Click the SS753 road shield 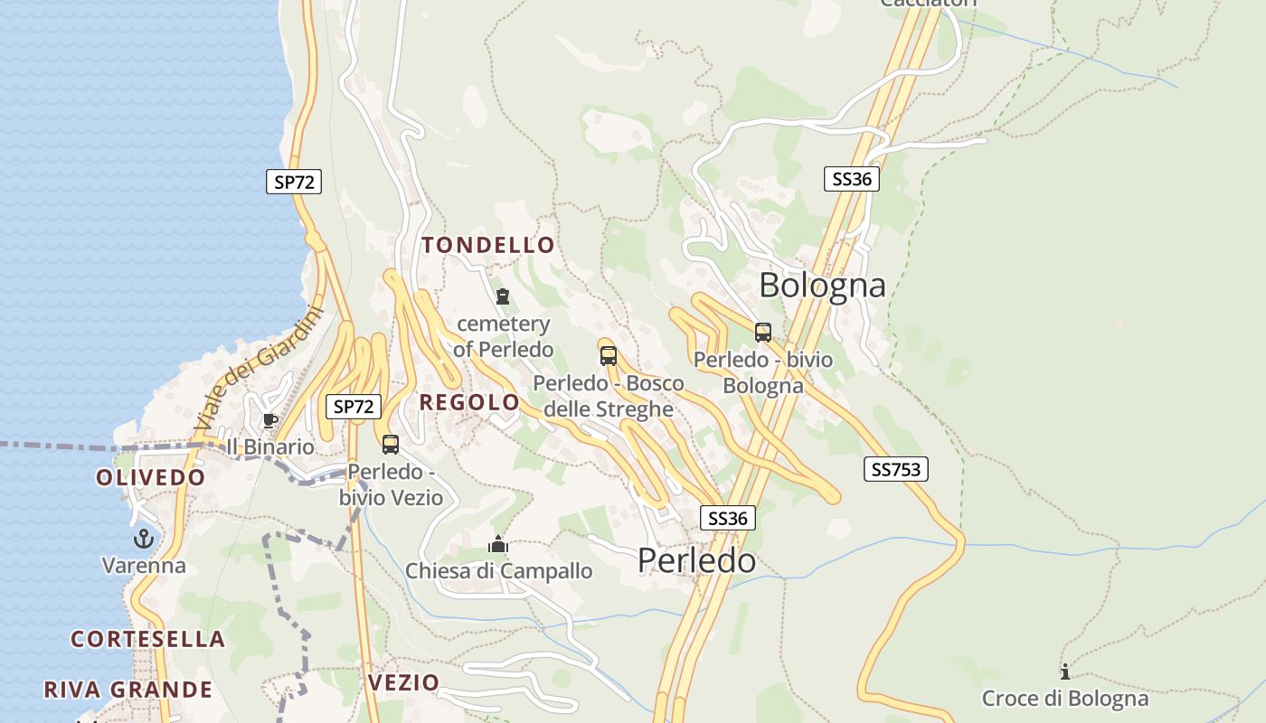(x=895, y=469)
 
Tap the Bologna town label (x=822, y=285)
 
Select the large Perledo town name (x=696, y=560)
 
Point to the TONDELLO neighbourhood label (x=488, y=245)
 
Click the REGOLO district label (x=470, y=402)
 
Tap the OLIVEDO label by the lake (x=151, y=477)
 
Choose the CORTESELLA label (x=148, y=639)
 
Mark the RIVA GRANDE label (x=128, y=690)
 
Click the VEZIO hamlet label (x=403, y=682)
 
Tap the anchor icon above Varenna (x=143, y=540)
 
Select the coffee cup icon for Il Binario (x=269, y=420)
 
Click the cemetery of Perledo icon (x=503, y=296)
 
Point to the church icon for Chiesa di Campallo (x=497, y=544)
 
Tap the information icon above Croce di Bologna (x=1064, y=671)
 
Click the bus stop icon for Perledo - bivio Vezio (x=391, y=445)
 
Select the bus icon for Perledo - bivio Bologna (x=763, y=333)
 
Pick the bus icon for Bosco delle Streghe (x=609, y=355)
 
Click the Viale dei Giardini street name (x=260, y=369)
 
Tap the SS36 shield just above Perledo (x=728, y=518)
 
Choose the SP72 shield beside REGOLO (x=353, y=407)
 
